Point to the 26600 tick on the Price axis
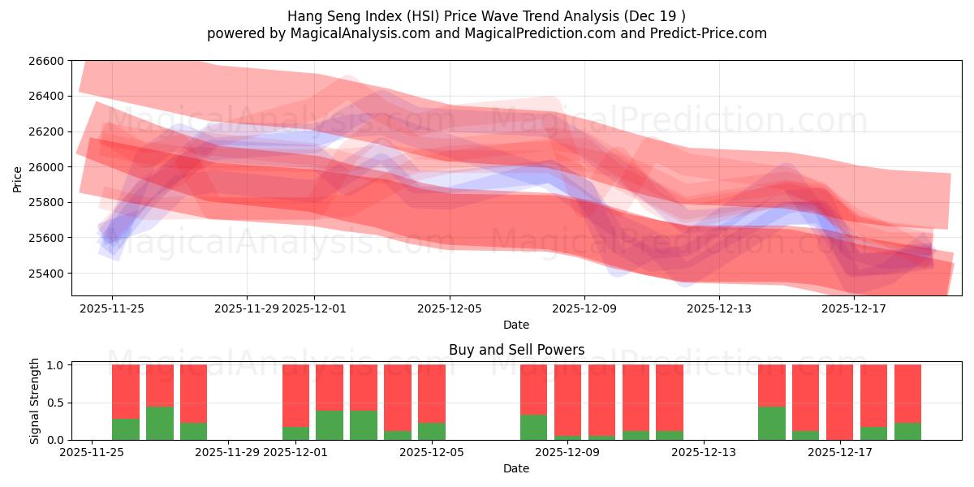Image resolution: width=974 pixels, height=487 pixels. coord(46,61)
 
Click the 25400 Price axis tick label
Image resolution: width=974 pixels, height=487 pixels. coord(46,274)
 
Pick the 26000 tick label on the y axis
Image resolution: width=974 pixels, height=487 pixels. coord(46,167)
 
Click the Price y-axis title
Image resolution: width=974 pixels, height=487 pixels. coord(18,179)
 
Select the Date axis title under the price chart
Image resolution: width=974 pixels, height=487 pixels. coord(516,325)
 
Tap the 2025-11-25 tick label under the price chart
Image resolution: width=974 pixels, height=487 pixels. coord(112,308)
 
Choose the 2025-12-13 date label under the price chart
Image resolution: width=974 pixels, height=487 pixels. coord(719,308)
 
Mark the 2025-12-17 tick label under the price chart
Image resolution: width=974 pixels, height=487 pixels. coord(854,308)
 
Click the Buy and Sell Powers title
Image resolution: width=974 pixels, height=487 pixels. coord(516,350)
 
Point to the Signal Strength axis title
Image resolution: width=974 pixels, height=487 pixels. coord(34,401)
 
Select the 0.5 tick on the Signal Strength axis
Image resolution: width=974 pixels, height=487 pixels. coord(56,403)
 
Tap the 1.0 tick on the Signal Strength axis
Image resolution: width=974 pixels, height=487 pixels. coord(56,365)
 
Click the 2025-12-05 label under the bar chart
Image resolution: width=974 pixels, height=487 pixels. coord(433,452)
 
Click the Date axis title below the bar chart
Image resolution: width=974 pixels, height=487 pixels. coord(516,468)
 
